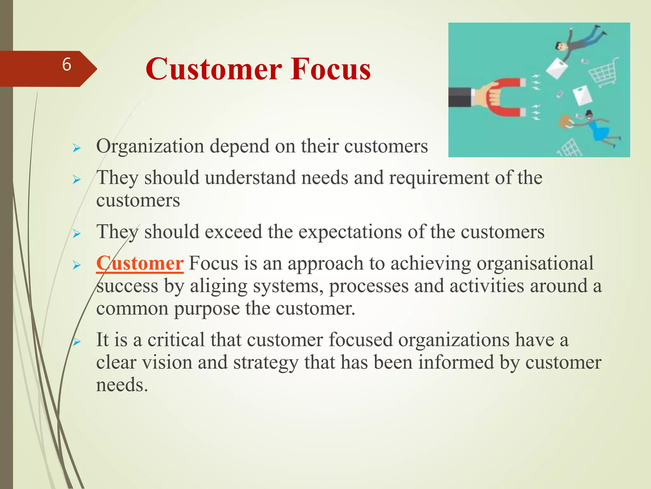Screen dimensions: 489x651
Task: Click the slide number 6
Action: (x=66, y=65)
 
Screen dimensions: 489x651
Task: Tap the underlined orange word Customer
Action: (x=140, y=264)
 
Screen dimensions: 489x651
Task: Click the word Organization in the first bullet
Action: (x=150, y=146)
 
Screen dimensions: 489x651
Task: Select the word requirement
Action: (x=439, y=178)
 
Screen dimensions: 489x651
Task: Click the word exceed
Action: (x=233, y=232)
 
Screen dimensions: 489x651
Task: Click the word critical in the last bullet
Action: (x=176, y=340)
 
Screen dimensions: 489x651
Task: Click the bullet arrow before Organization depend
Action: (x=77, y=148)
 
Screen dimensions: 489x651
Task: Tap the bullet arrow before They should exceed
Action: (x=77, y=234)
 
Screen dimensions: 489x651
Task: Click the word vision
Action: (x=167, y=363)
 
